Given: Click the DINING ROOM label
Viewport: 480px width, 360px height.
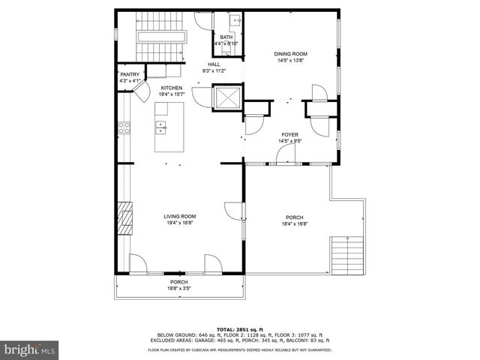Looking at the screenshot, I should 290,54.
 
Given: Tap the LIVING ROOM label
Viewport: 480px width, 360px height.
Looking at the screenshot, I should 179,217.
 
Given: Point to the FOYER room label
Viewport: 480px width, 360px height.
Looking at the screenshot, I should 289,134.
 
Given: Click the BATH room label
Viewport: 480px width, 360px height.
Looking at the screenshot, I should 226,37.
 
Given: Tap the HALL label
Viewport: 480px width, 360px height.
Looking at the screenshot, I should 214,65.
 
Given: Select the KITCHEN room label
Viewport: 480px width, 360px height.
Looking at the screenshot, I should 171,88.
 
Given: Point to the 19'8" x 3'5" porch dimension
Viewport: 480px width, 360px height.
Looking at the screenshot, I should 178,288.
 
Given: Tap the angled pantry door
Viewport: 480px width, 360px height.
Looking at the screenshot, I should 139,94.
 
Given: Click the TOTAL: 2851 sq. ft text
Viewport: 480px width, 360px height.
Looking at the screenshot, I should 239,329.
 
